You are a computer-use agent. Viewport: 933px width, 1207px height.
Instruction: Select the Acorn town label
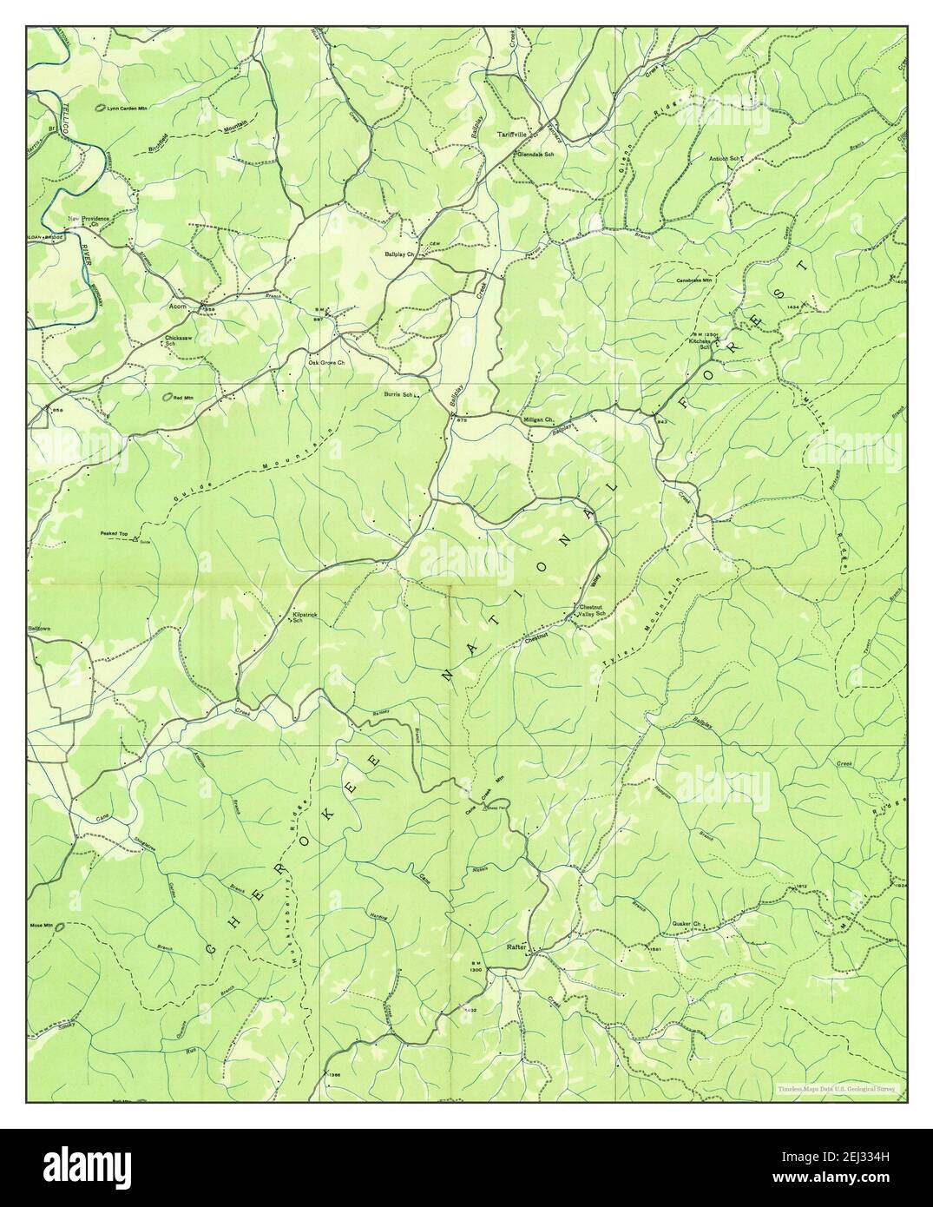point(180,307)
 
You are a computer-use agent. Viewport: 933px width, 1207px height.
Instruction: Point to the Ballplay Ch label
point(401,254)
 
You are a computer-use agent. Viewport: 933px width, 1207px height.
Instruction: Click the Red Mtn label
point(183,398)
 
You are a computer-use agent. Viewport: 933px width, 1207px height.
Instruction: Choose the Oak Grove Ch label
point(327,362)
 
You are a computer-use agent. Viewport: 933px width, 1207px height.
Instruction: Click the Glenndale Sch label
point(535,153)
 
